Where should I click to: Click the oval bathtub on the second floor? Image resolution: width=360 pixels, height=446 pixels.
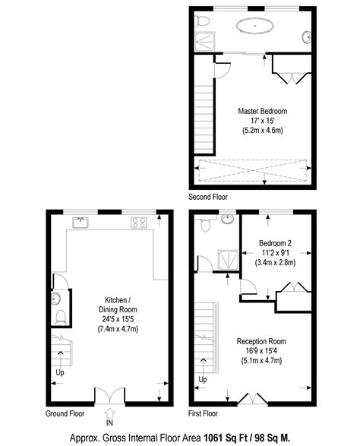click(255, 26)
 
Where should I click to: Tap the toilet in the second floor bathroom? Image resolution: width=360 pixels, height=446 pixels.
click(202, 21)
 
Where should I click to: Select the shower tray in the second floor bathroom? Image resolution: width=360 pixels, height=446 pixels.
click(205, 42)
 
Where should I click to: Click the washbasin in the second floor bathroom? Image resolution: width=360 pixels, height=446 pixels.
click(306, 37)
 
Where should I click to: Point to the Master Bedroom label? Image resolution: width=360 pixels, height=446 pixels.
click(263, 111)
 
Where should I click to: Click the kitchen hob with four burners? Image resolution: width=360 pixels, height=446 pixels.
click(139, 223)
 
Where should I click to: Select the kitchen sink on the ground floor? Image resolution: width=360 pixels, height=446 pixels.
click(81, 223)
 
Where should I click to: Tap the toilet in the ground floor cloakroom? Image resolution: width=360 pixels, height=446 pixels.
click(61, 317)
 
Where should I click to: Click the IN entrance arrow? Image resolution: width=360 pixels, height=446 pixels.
click(109, 414)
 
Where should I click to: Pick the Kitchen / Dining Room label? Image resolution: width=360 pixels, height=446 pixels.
click(118, 305)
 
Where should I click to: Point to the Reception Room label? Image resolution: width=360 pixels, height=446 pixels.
click(261, 341)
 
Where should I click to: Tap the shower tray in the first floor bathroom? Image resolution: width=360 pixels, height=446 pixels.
click(229, 259)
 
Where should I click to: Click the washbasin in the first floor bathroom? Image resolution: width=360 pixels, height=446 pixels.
click(227, 219)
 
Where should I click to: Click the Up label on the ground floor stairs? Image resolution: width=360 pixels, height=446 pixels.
click(60, 372)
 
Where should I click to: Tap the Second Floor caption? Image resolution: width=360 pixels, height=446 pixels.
click(208, 197)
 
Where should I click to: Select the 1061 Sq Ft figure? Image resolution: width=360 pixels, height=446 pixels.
click(226, 438)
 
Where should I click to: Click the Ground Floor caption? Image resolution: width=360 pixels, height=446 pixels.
click(65, 413)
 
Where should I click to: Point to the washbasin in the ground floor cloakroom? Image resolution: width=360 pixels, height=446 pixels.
click(56, 299)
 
